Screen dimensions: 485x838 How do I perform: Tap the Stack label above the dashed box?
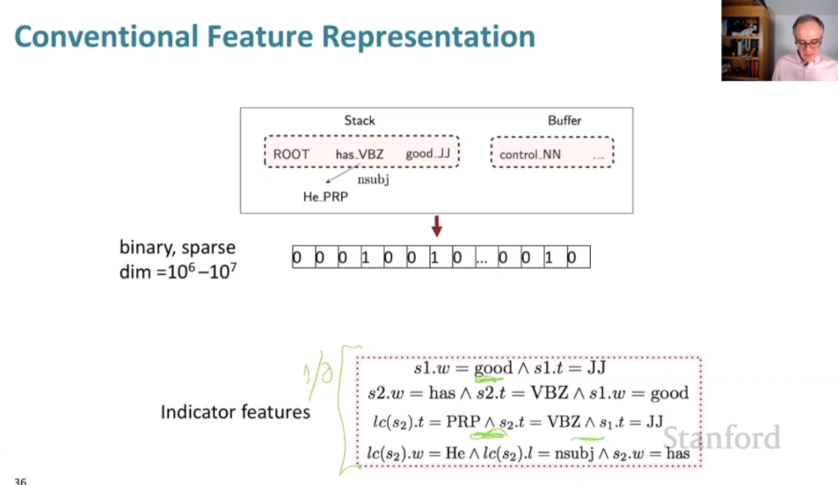359,120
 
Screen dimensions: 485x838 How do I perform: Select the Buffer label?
565,120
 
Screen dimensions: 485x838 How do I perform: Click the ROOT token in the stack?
291,155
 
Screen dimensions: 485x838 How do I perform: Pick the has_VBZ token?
360,155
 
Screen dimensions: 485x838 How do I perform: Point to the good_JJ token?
427,155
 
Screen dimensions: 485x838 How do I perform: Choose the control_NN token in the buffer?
530,156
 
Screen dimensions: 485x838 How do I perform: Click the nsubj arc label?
373,180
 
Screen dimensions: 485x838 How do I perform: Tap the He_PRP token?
325,197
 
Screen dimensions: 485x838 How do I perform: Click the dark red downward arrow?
436,227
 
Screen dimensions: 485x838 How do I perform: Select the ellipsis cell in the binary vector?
481,257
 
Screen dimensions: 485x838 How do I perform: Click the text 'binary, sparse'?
178,248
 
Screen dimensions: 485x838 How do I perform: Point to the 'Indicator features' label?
235,411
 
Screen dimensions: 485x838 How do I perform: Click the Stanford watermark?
721,437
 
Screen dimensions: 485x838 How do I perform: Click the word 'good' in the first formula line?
492,369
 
